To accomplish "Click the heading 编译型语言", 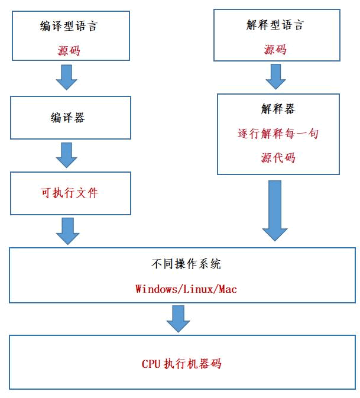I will [x=69, y=26].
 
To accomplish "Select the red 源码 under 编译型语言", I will [x=69, y=51].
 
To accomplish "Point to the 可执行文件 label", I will [x=69, y=193].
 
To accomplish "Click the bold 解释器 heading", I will [x=278, y=109].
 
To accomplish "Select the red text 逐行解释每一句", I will [x=278, y=134].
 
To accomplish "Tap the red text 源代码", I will [x=278, y=158].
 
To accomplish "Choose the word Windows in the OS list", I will [x=154, y=289].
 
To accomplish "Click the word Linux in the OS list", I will [x=196, y=289].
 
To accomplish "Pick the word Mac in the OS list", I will [x=228, y=289].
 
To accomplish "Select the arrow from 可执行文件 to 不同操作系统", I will [x=67, y=231].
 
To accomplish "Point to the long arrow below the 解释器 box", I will [x=275, y=211].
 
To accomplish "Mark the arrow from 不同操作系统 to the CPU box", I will [x=178, y=319].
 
